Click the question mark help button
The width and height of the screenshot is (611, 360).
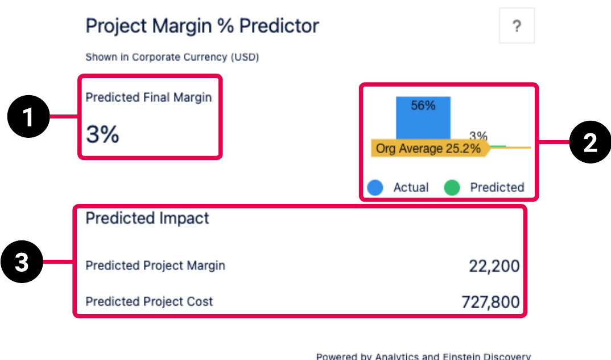pos(517,26)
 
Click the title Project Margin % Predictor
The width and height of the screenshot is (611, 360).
pos(202,26)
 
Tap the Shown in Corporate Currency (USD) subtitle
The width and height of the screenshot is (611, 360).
pos(172,58)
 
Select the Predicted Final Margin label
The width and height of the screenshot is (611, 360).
pos(148,97)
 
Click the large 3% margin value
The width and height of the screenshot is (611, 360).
pos(102,134)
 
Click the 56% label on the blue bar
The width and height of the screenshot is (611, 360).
pos(423,105)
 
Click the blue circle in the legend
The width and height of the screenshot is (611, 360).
pos(375,187)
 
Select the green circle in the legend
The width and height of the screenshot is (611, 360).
pos(452,187)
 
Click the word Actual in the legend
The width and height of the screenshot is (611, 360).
pos(411,187)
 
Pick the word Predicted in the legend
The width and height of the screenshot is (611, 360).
pos(497,187)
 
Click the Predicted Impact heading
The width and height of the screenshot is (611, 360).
pos(147,218)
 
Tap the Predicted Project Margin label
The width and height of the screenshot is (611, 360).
pos(155,265)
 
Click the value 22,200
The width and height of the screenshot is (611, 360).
pos(494,266)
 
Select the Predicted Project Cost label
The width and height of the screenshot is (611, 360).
pos(149,301)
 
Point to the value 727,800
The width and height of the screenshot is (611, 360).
pos(490,302)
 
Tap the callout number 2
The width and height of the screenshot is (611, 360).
pos(590,144)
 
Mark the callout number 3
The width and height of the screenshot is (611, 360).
pos(22,263)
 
